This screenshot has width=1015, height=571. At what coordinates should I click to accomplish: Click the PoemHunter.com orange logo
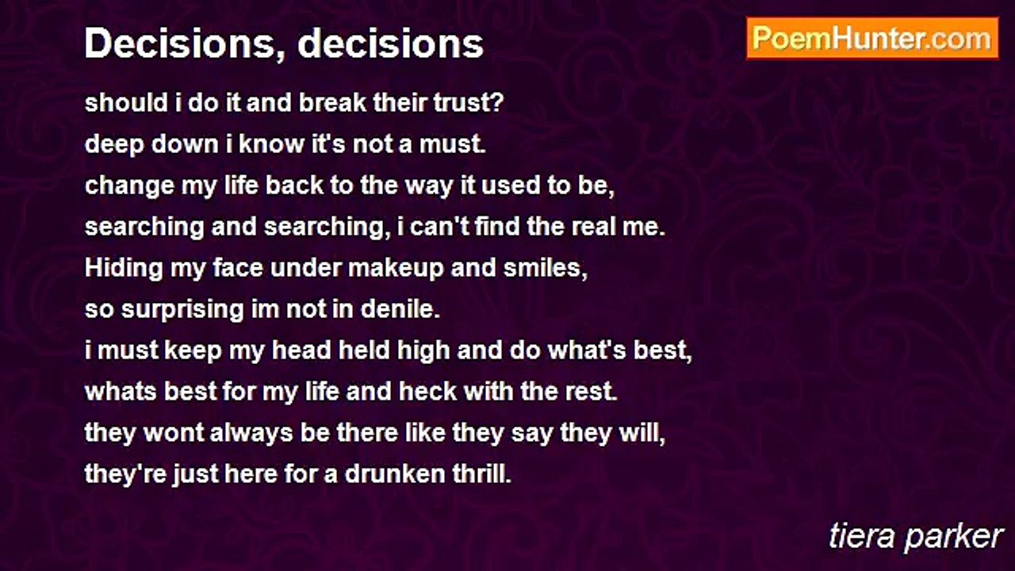tap(872, 39)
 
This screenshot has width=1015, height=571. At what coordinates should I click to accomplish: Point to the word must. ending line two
tap(452, 144)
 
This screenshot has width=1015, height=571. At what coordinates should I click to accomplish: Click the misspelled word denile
tap(400, 309)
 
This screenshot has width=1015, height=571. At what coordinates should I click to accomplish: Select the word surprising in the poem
tap(182, 310)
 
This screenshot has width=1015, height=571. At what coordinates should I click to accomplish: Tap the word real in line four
tap(592, 227)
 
